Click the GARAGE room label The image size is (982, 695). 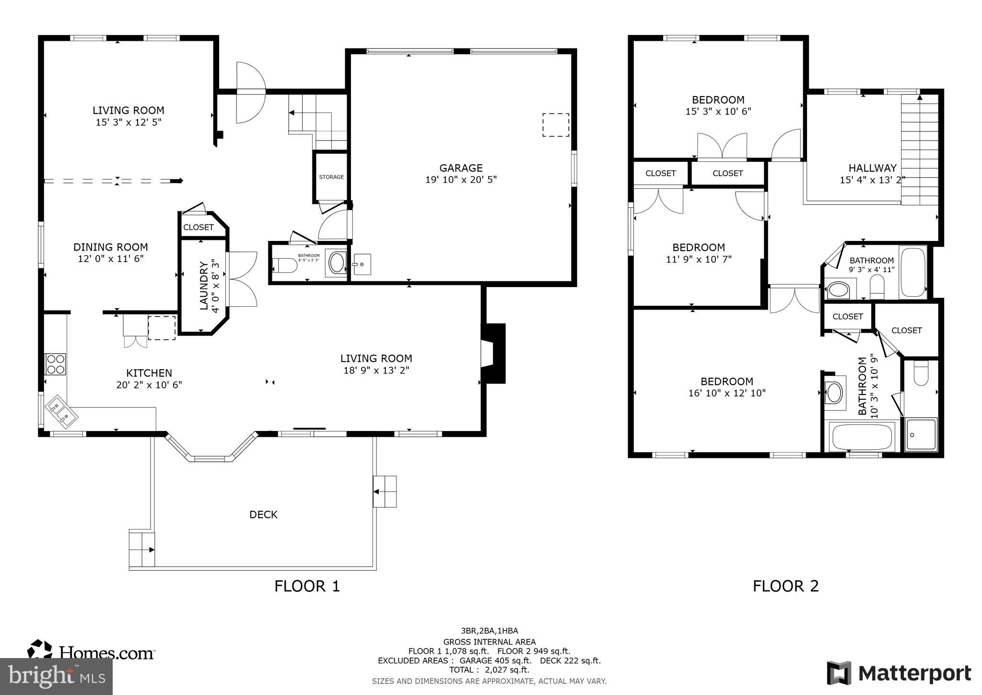pyautogui.click(x=461, y=168)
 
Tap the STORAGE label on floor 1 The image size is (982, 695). pyautogui.click(x=331, y=177)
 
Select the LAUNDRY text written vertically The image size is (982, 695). pyautogui.click(x=204, y=286)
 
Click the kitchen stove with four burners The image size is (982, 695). pyautogui.click(x=55, y=364)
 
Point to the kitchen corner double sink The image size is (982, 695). pyautogui.click(x=61, y=412)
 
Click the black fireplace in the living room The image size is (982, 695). pyautogui.click(x=494, y=354)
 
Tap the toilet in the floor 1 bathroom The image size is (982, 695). pyautogui.click(x=286, y=265)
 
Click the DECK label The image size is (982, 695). pyautogui.click(x=263, y=515)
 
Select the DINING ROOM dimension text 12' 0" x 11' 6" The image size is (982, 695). pyautogui.click(x=111, y=259)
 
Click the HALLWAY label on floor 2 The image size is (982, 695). pyautogui.click(x=872, y=168)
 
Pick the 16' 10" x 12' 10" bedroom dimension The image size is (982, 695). pyautogui.click(x=727, y=393)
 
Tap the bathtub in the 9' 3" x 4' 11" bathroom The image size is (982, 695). pyautogui.click(x=912, y=272)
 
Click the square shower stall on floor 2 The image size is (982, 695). pyautogui.click(x=921, y=435)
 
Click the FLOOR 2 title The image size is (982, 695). pyautogui.click(x=785, y=586)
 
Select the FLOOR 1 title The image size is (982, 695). pyautogui.click(x=307, y=586)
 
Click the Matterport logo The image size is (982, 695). pyautogui.click(x=899, y=673)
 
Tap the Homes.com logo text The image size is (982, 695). pyautogui.click(x=106, y=653)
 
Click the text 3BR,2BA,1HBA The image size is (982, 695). pyautogui.click(x=489, y=631)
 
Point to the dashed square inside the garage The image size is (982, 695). pyautogui.click(x=556, y=125)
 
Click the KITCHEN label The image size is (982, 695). pyautogui.click(x=149, y=373)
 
